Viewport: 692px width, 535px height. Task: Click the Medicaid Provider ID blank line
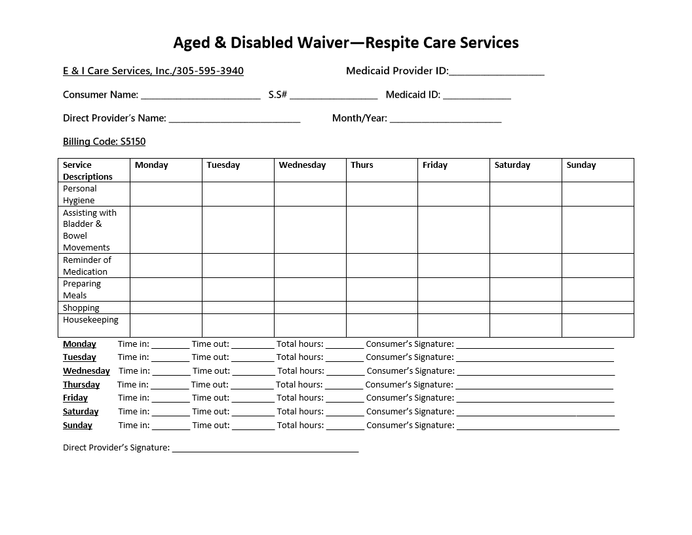[497, 72]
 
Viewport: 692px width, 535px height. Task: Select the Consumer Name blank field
[201, 96]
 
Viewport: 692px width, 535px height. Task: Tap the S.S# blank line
[334, 96]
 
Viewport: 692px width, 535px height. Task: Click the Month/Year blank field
[446, 119]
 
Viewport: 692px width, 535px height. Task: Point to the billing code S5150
[133, 142]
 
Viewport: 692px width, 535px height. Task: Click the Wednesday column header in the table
[302, 165]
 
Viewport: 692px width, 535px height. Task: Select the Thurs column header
[362, 165]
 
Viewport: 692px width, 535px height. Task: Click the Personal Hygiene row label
[80, 194]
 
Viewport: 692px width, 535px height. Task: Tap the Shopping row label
[81, 307]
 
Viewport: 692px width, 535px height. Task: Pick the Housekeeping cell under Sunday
[597, 325]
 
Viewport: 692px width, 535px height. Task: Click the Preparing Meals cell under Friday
[453, 289]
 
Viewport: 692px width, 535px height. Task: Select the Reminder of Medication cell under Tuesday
[238, 266]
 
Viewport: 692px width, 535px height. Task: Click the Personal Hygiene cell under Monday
[166, 194]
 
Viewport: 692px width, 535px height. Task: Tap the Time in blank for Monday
[170, 345]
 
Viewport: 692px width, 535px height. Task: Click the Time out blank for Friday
[252, 399]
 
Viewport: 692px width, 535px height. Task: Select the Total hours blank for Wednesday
[345, 372]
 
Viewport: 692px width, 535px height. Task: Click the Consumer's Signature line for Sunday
[537, 426]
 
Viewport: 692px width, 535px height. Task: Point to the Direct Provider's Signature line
[265, 449]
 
